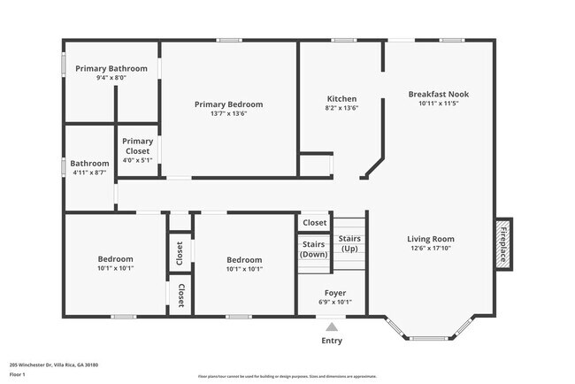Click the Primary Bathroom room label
pos(111,68)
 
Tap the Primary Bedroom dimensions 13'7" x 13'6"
pos(228,114)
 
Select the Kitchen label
pos(341,99)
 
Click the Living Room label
pos(431,239)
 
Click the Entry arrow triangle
pos(332,327)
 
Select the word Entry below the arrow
pos(332,341)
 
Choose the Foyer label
pos(334,292)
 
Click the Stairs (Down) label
pos(314,249)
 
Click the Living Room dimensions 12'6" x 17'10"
pos(431,250)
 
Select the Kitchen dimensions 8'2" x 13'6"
pos(341,109)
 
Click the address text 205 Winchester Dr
pos(53,365)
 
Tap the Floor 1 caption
pos(19,374)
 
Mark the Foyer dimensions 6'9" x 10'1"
pos(334,302)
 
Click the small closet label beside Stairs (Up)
pos(314,223)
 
